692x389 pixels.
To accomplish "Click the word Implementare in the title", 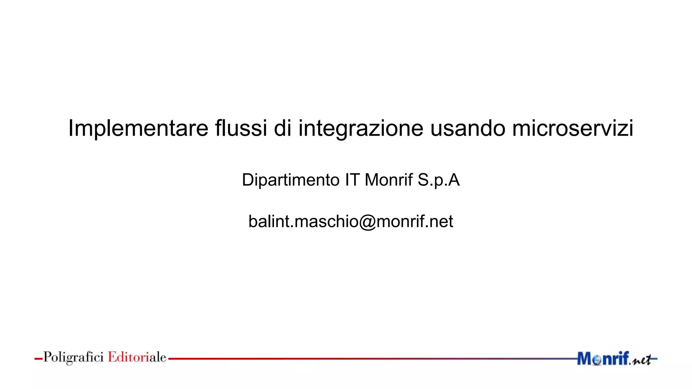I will point(138,128).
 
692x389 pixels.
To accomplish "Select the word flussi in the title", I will point(241,128).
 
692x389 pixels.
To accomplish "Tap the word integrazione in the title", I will point(361,128).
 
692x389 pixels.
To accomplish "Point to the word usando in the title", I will point(468,128).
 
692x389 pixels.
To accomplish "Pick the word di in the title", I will point(282,128).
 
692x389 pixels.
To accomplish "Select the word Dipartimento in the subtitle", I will point(291,180).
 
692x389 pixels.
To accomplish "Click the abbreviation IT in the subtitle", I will point(352,180).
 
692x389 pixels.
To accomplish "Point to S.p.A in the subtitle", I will point(439,180).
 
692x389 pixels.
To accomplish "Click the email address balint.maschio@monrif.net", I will point(350,222).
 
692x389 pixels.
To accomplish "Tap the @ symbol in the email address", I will point(367,222).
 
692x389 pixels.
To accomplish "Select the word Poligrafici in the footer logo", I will point(73,357).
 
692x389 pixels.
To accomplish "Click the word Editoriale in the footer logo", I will point(137,357).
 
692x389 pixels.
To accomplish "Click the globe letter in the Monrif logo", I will point(597,360).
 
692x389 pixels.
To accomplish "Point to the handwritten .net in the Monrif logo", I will point(641,360).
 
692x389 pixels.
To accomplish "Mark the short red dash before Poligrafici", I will point(38,359).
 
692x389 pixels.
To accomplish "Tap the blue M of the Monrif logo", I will point(585,359).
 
